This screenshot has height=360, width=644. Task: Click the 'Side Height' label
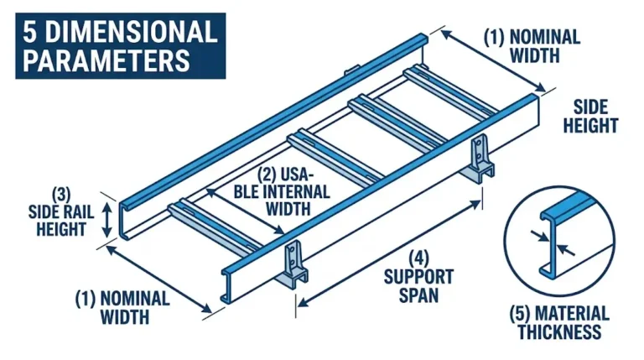click(595, 117)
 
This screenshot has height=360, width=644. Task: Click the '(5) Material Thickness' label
click(559, 321)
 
